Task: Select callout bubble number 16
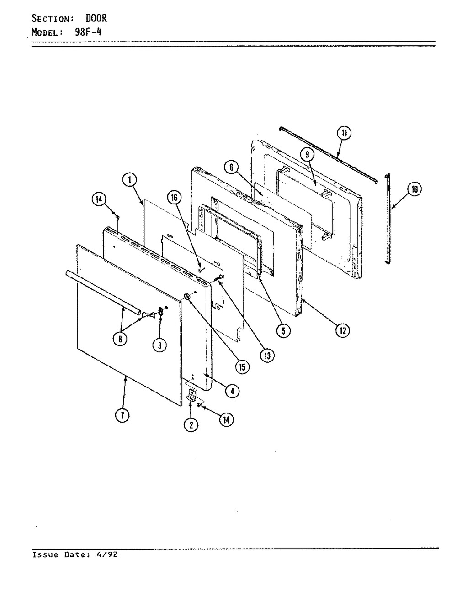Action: click(x=175, y=198)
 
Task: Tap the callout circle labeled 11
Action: click(x=344, y=133)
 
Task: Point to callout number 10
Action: click(x=414, y=189)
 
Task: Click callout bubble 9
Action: click(x=307, y=154)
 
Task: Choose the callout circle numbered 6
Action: click(x=232, y=167)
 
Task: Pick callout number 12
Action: click(x=342, y=330)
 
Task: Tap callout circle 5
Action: click(x=283, y=331)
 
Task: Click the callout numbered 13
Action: click(x=267, y=355)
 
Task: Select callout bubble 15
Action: click(x=242, y=367)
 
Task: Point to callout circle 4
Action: click(x=232, y=391)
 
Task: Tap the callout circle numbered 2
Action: click(x=191, y=425)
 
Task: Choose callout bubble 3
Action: click(x=159, y=345)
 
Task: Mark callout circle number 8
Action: click(x=120, y=339)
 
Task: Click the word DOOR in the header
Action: click(x=96, y=18)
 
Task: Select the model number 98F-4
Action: click(x=88, y=32)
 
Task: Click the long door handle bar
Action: click(x=103, y=293)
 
